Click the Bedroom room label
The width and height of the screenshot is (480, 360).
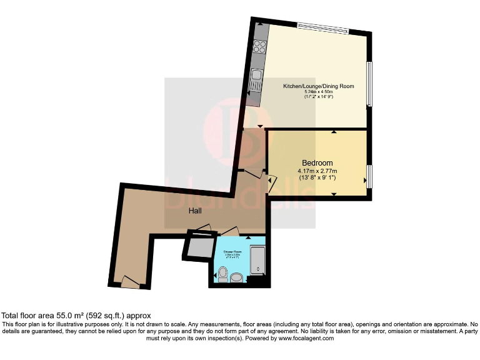[317, 163]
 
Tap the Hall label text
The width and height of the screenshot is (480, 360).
[196, 211]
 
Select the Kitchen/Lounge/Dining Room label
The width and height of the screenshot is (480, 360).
[310, 86]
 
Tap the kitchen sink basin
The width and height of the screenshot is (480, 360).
[256, 79]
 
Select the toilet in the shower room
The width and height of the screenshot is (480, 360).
[222, 272]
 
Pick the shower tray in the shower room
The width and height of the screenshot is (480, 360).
[257, 261]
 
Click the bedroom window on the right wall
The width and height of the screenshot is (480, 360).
[369, 176]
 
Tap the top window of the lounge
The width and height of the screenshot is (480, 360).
[322, 27]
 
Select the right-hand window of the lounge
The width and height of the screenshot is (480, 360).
[369, 84]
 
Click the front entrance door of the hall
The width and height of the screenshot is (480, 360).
[131, 282]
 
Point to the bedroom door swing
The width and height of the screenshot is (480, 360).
[271, 183]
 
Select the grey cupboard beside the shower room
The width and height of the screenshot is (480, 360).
[199, 246]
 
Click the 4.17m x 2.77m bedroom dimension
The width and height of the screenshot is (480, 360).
[317, 171]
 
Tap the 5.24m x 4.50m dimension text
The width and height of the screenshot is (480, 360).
[310, 92]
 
